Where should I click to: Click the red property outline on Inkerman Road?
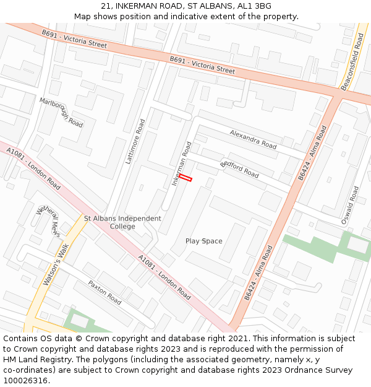[x=185, y=178]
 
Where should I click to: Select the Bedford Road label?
[x=239, y=169]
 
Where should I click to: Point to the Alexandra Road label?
[x=253, y=139]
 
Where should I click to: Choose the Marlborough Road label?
[x=61, y=112]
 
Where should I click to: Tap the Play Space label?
[x=203, y=241]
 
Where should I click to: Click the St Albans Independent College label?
[x=122, y=222]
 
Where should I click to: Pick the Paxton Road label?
[x=104, y=292]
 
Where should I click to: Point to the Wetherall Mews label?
[x=48, y=221]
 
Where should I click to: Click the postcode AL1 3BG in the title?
[x=254, y=6]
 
